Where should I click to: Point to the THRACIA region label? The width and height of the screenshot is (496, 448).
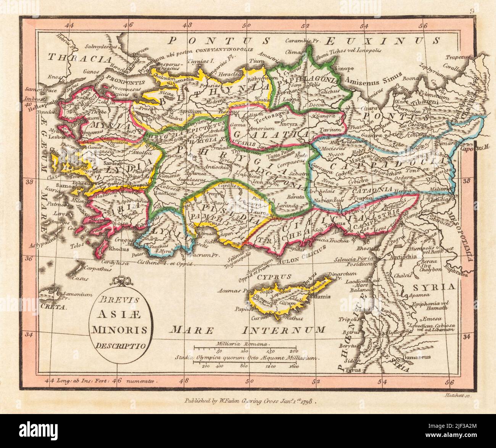[79, 58]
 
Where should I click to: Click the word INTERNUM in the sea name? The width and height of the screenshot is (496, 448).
[285, 329]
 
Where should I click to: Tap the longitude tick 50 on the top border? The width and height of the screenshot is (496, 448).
[248, 26]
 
